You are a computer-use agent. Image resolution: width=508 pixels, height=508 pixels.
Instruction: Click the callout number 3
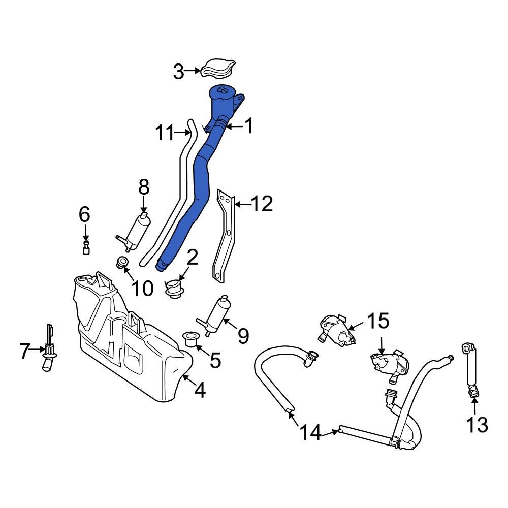[178, 72]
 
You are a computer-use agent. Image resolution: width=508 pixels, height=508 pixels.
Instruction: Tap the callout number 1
[248, 126]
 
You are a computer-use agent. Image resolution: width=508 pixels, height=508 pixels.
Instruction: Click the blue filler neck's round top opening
[222, 91]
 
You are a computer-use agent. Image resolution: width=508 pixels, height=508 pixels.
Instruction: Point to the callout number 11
[164, 133]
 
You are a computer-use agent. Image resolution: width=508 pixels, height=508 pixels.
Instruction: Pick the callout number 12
[262, 204]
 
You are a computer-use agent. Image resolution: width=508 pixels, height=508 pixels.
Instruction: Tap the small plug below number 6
[86, 248]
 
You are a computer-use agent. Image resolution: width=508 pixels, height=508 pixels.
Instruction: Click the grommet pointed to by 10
[122, 263]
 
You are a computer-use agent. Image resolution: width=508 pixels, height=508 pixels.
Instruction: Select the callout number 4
[200, 390]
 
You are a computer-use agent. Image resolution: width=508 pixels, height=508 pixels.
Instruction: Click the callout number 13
[477, 424]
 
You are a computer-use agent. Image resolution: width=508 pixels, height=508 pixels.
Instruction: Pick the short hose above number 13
[470, 368]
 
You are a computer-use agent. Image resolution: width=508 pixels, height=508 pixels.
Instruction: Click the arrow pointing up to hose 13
[474, 404]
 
